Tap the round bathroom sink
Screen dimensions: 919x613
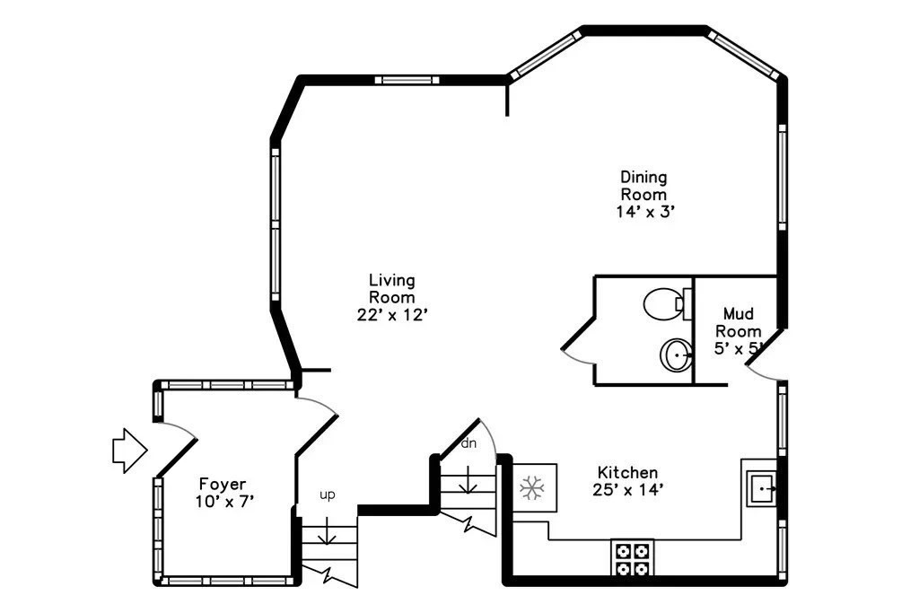(677, 355)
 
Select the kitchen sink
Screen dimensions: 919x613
(761, 487)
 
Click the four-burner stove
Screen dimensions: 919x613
(632, 559)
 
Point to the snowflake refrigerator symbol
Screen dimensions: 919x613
(532, 487)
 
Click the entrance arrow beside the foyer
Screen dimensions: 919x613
(129, 450)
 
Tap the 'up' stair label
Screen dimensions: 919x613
(327, 495)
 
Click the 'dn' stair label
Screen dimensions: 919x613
(468, 443)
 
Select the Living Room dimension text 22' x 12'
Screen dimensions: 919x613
(392, 315)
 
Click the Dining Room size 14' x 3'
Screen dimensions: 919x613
(645, 212)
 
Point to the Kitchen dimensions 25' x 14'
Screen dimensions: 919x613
(627, 489)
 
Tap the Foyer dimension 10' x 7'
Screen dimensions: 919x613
(223, 502)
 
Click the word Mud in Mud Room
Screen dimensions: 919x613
(738, 313)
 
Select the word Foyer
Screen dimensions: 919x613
(223, 484)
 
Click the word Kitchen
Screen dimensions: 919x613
(627, 472)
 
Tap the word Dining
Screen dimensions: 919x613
(643, 177)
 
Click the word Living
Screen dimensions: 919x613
(391, 280)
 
